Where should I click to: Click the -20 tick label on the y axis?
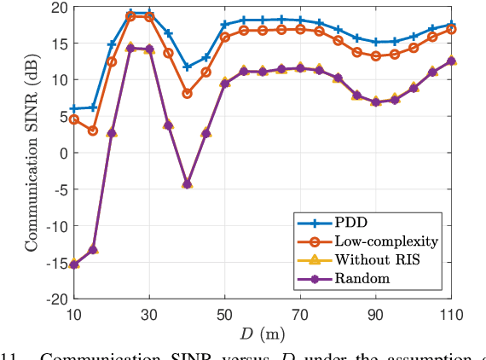(x=55, y=299)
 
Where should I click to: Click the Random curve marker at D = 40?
(x=187, y=183)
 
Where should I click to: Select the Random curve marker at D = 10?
(x=74, y=264)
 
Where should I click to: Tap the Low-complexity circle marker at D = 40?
(x=187, y=93)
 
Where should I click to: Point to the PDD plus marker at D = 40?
(x=187, y=67)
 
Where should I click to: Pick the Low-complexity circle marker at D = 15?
(x=93, y=131)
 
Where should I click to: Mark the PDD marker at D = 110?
(x=451, y=25)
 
